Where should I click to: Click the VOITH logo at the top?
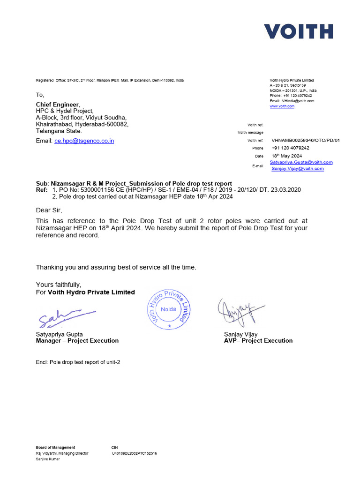(298, 31)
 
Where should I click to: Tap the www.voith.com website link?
(282, 106)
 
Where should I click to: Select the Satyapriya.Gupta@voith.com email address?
(301, 162)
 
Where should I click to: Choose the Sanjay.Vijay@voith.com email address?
(298, 169)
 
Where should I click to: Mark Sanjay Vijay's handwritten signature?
(240, 311)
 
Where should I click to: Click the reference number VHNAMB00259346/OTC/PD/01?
(306, 141)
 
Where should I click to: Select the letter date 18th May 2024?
(286, 156)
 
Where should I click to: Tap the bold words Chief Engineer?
(58, 104)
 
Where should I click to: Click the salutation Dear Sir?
(49, 210)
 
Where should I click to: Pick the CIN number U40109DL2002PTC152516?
(134, 453)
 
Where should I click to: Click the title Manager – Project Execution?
(77, 341)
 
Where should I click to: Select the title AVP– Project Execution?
(258, 341)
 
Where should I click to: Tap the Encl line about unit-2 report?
(78, 362)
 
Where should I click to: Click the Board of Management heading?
(55, 448)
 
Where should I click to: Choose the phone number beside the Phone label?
(290, 148)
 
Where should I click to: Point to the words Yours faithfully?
(59, 285)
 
